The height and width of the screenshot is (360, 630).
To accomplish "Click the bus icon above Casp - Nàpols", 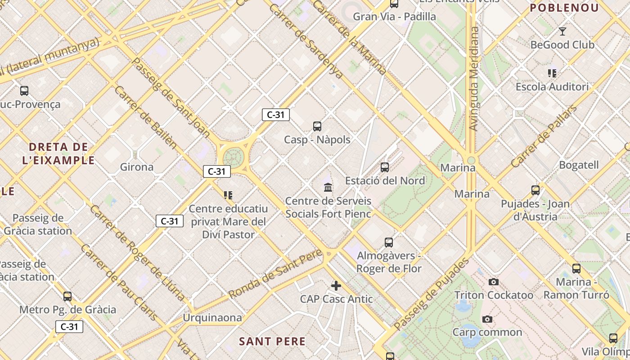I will pos(317,126).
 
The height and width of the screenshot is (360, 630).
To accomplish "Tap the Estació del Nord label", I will pos(385,180).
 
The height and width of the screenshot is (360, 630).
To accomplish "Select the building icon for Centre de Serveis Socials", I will pos(328,187).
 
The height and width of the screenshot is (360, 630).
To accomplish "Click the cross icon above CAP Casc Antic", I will pos(336,286).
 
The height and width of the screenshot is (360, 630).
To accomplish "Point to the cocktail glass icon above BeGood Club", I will pos(562,31).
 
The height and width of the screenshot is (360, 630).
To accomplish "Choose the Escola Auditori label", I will pos(552,87).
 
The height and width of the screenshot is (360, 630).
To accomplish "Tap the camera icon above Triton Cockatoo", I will pos(494,282).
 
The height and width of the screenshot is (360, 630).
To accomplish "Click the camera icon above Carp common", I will pos(487,319).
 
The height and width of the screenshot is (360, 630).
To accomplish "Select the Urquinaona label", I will pos(212,318).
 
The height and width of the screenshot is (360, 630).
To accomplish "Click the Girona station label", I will pos(137,167).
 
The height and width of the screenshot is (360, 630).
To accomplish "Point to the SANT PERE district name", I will pos(272,342).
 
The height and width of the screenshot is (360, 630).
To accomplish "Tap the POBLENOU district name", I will pos(564,8).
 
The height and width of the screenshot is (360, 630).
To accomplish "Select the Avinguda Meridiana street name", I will pos(474,79).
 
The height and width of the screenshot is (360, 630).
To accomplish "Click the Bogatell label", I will pos(579,165).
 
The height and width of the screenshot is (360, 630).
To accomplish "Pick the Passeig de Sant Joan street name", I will pos(171,97).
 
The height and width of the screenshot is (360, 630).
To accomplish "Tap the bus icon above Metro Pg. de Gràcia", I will pos(67,297).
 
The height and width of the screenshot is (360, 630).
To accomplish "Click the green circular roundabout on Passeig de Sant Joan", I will pos(234,158).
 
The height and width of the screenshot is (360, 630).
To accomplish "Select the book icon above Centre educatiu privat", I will pos(228,195).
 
